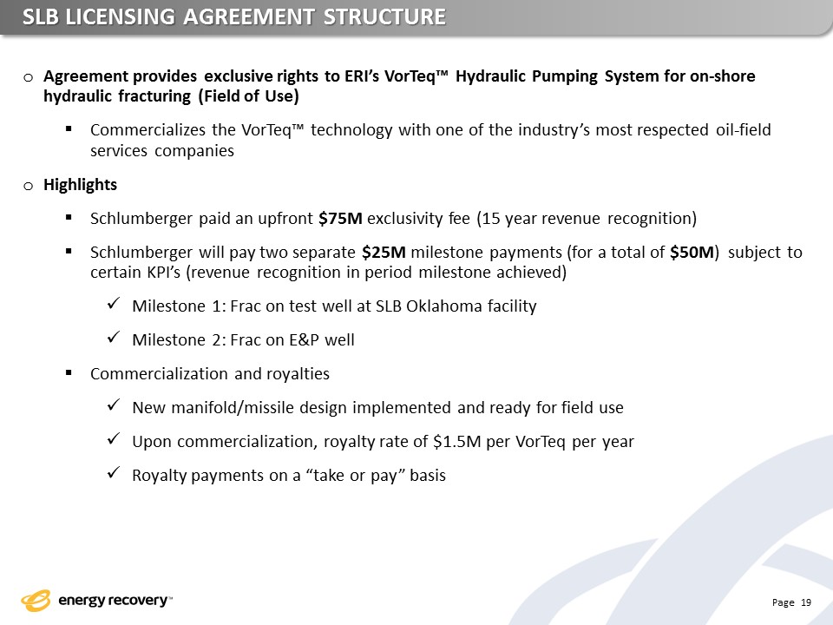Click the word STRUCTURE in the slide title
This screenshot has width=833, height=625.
[384, 17]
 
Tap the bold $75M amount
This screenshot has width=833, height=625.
[340, 219]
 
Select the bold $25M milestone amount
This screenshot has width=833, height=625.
[384, 252]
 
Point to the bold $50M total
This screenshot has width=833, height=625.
[692, 252]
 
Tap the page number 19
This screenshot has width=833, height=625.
[806, 602]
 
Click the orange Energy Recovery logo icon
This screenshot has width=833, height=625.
[36, 601]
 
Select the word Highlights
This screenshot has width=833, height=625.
[80, 184]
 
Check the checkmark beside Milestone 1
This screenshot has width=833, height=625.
[112, 305]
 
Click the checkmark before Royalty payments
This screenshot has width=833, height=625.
[112, 474]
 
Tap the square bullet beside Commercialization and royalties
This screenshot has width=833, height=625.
[69, 373]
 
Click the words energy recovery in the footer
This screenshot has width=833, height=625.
[113, 600]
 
